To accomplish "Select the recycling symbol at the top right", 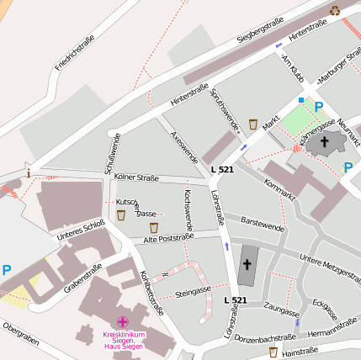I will (335, 11).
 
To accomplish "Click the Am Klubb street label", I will (291, 68).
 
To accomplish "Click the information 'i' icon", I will (29, 173).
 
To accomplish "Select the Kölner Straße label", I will (135, 177).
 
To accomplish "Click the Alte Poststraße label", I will (168, 238).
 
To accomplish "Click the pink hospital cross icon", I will (124, 322).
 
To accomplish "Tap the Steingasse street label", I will (193, 292).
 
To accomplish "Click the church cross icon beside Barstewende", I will (247, 265).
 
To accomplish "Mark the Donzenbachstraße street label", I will (268, 337).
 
